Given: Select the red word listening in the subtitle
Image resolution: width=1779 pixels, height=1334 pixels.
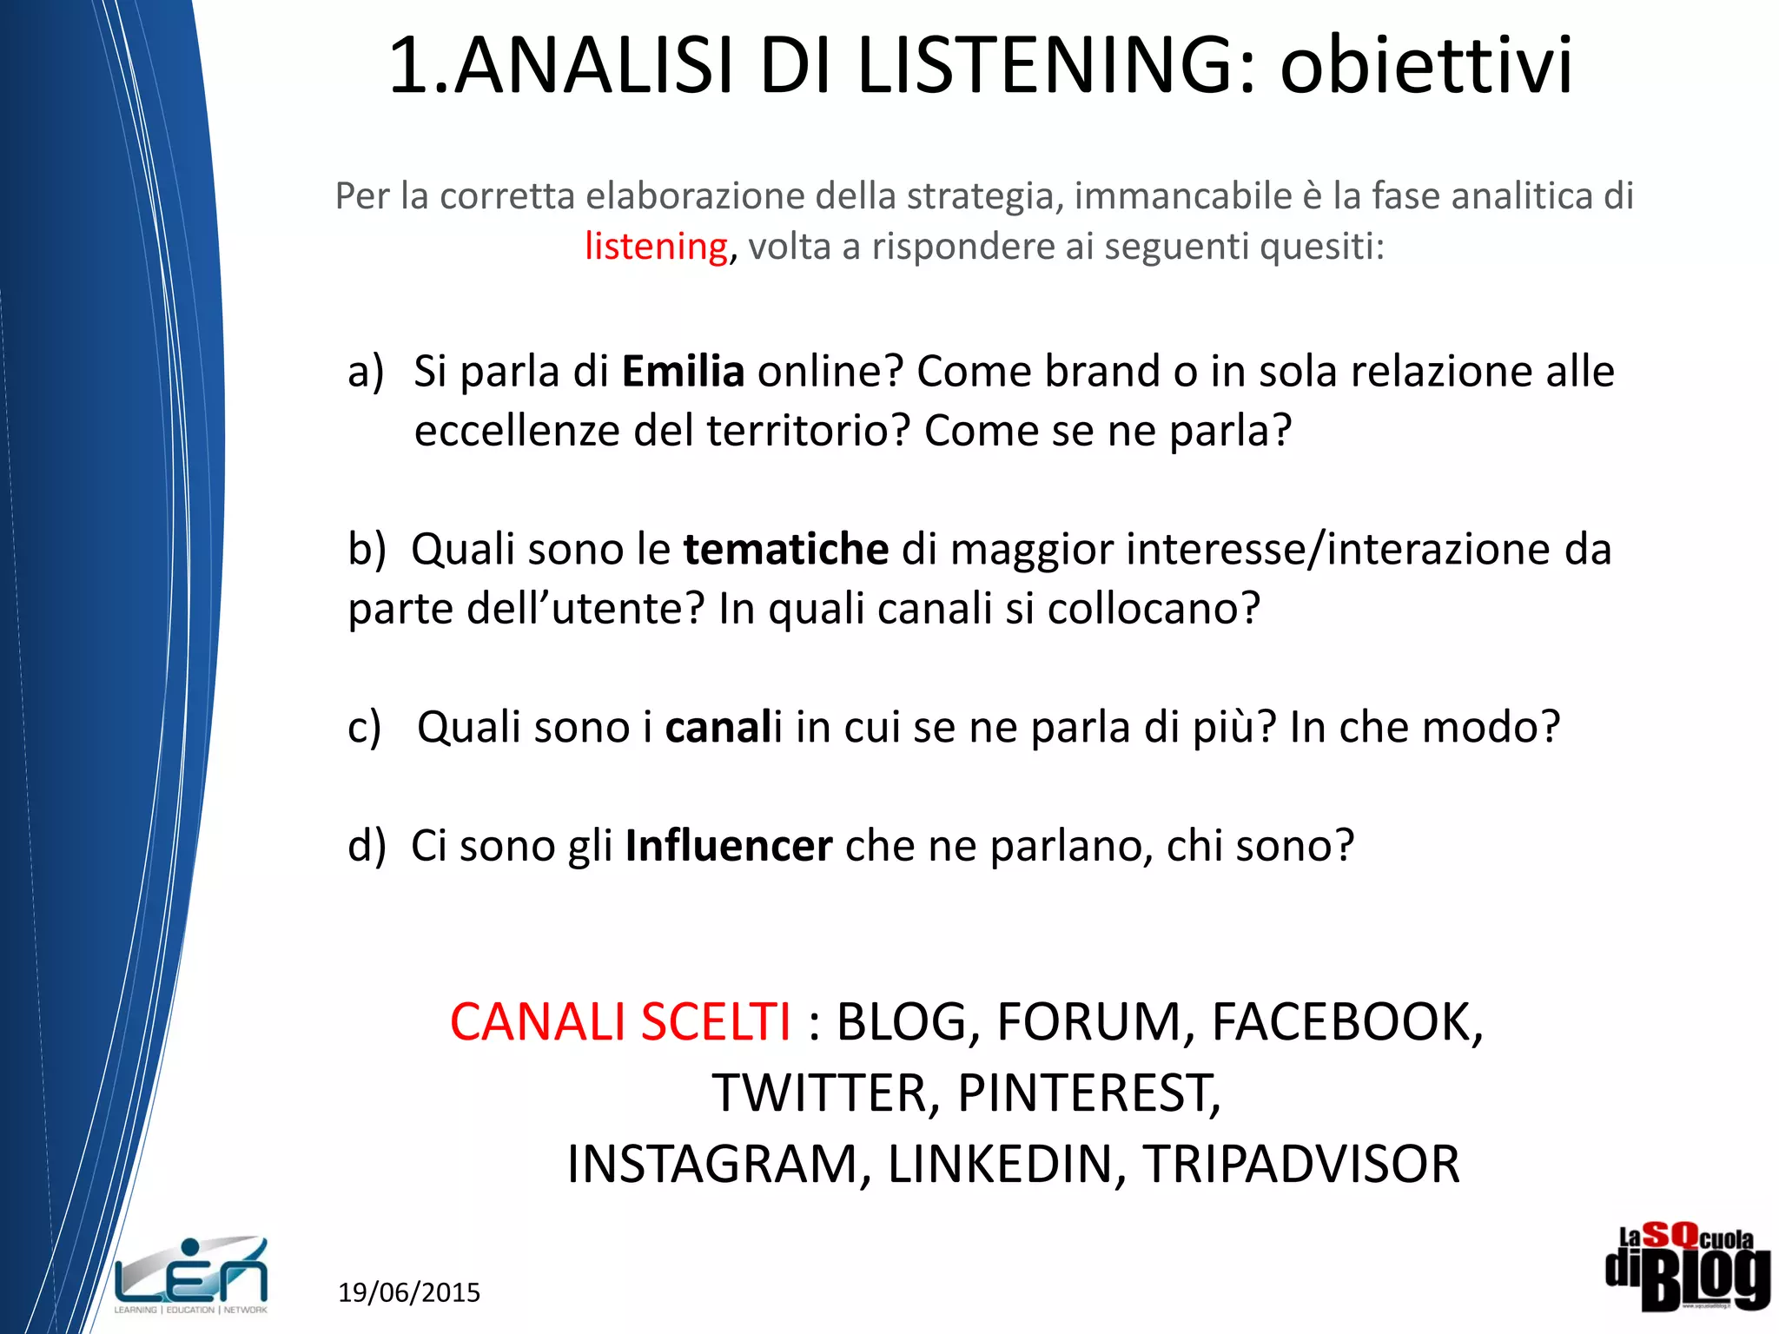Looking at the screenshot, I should coord(656,247).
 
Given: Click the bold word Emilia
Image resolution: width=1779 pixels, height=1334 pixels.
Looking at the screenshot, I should coord(683,372).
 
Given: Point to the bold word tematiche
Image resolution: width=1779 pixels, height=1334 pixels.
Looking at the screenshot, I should coord(786,550).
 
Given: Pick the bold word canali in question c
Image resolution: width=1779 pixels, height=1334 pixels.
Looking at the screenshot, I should coord(724,727).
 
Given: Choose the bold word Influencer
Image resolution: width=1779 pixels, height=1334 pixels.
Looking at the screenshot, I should coord(729,846).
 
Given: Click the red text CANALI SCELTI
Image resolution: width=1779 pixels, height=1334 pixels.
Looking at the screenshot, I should coord(620,1022).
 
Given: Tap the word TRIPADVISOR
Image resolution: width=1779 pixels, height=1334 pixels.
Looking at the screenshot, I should coord(1300,1165).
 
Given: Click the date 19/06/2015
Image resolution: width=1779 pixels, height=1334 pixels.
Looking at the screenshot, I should coord(409,1292).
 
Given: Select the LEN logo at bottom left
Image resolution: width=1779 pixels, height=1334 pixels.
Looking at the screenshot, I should coord(191,1274).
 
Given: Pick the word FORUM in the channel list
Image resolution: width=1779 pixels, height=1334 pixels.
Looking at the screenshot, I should coord(1089,1022).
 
